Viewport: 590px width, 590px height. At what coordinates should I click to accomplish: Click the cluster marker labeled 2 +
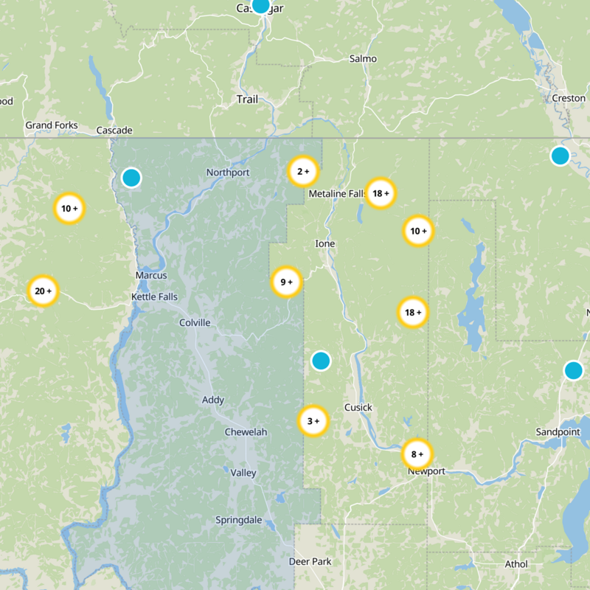pyautogui.click(x=302, y=172)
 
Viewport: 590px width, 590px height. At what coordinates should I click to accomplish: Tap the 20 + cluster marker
pyautogui.click(x=42, y=291)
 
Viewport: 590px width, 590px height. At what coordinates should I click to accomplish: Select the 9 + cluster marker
pyautogui.click(x=286, y=281)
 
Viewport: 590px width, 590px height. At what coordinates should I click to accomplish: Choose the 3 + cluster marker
pyautogui.click(x=313, y=421)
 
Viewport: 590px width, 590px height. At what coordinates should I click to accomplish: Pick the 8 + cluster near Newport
pyautogui.click(x=417, y=454)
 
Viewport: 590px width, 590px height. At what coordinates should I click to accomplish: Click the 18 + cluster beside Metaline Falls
pyautogui.click(x=381, y=194)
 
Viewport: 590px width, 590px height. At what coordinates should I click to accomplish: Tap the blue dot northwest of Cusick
pyautogui.click(x=321, y=361)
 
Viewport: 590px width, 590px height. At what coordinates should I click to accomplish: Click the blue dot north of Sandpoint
pyautogui.click(x=574, y=370)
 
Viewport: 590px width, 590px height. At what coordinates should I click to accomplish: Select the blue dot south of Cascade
pyautogui.click(x=131, y=178)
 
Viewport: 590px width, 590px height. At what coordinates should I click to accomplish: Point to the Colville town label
pyautogui.click(x=195, y=323)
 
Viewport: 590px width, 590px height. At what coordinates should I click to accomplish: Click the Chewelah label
pyautogui.click(x=246, y=431)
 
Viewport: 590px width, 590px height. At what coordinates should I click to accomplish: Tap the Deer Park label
pyautogui.click(x=310, y=562)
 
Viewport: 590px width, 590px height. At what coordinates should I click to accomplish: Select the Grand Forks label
pyautogui.click(x=52, y=125)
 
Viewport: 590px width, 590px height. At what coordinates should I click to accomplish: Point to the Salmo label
pyautogui.click(x=363, y=59)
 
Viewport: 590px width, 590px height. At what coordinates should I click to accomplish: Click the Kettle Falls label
pyautogui.click(x=154, y=296)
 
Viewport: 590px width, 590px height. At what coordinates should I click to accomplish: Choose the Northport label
pyautogui.click(x=228, y=173)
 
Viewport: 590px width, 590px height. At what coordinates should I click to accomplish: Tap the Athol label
pyautogui.click(x=516, y=564)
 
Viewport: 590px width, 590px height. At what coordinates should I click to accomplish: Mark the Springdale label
pyautogui.click(x=238, y=520)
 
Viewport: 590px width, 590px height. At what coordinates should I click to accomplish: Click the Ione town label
pyautogui.click(x=324, y=243)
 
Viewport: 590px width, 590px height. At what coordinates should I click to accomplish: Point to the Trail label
pyautogui.click(x=247, y=99)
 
